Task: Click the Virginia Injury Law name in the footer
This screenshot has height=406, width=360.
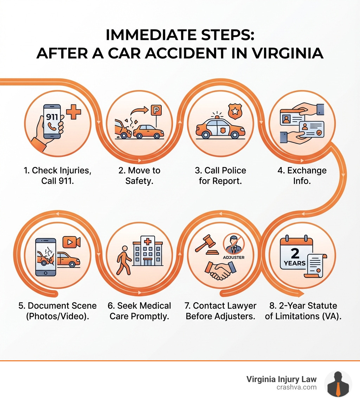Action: click(x=281, y=379)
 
